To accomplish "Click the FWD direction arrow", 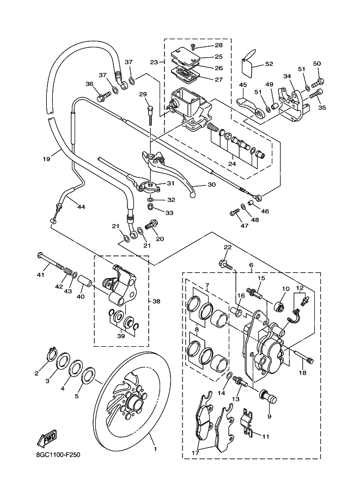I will [x=48, y=438].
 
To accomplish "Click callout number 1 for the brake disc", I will [x=155, y=450].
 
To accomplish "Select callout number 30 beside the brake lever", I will [x=211, y=186].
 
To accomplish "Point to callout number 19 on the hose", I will [x=46, y=159].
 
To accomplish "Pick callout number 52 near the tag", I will [x=269, y=64].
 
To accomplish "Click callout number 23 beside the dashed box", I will [x=154, y=63].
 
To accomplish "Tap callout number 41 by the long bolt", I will [x=40, y=274].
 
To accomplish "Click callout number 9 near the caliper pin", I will [x=269, y=416].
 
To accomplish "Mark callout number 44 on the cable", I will [x=81, y=207].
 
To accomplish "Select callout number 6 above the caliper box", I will [x=251, y=265].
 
